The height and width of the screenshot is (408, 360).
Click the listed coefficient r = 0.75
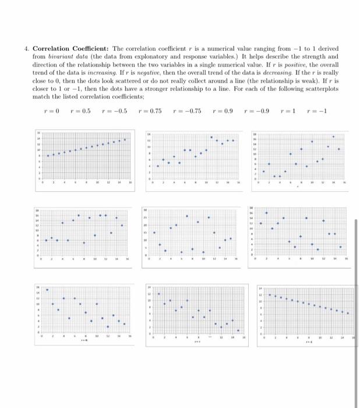[151, 111]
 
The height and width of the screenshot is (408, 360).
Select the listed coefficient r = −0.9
[260, 111]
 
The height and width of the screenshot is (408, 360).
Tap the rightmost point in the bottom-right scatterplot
[348, 313]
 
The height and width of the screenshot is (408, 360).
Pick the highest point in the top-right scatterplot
[333, 136]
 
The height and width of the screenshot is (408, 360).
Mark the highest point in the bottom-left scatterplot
[47, 290]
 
